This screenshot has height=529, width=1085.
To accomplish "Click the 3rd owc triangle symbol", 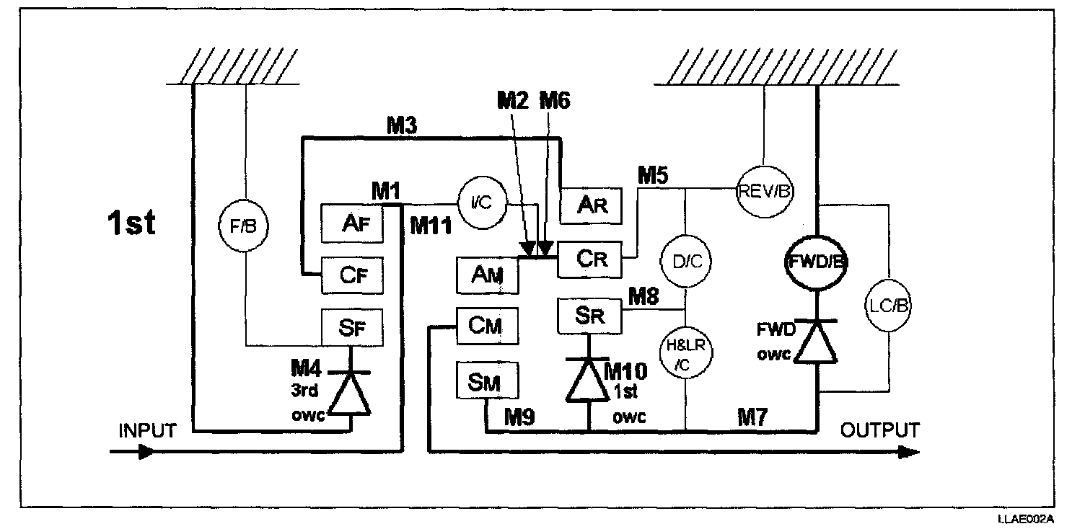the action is point(350,394).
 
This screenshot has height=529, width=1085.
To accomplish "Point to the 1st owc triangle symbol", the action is point(588,380).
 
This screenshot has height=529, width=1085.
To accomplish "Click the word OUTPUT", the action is point(879,430).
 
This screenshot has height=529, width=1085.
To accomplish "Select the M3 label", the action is point(402,125).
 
